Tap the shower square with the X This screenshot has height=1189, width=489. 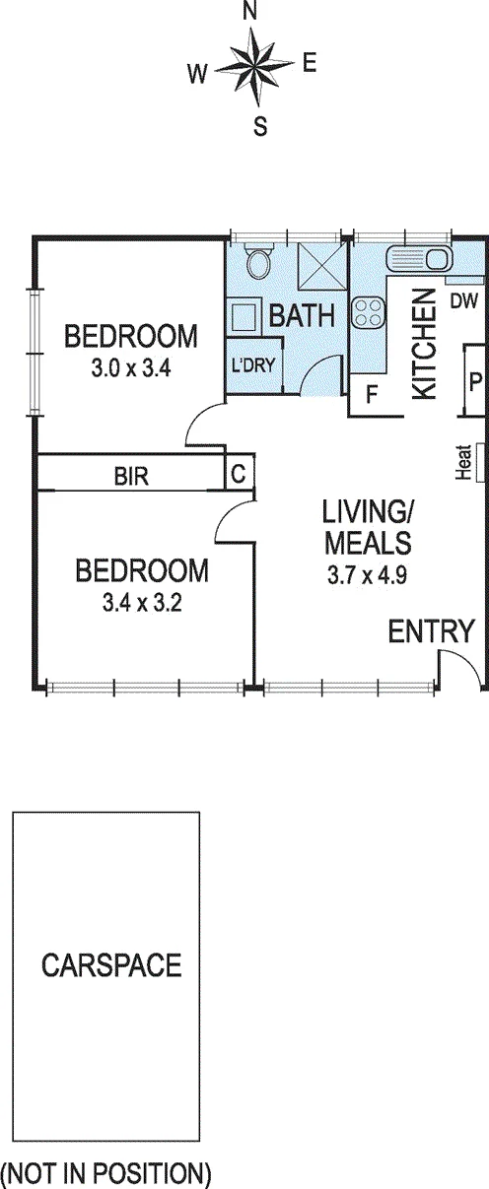(x=317, y=265)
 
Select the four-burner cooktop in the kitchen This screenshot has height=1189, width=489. (x=368, y=312)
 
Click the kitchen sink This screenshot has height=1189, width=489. (x=419, y=258)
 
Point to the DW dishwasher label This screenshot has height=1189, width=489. (x=464, y=301)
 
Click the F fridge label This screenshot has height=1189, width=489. (x=372, y=395)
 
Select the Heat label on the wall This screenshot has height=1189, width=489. (x=464, y=462)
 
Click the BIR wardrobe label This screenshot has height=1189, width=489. (x=131, y=477)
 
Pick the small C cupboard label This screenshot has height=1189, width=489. (x=239, y=474)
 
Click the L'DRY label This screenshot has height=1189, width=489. (x=253, y=364)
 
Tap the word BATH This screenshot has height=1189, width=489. (x=302, y=315)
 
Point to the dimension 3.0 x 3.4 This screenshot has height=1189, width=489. (x=131, y=368)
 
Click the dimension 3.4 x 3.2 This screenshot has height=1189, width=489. (x=142, y=603)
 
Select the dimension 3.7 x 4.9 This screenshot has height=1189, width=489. (x=368, y=575)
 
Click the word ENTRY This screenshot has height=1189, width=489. (x=431, y=631)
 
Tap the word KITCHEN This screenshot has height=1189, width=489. (x=425, y=344)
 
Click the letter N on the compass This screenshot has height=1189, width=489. (x=250, y=13)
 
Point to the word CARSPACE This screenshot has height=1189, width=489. (x=111, y=964)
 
